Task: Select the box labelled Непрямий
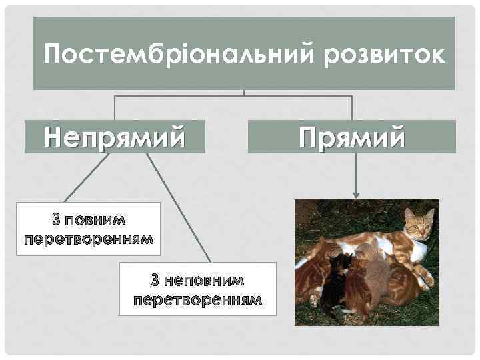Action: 115,137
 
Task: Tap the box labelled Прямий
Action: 352,137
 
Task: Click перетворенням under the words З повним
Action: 89,238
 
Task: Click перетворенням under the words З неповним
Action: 197,299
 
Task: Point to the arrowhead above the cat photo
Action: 357,195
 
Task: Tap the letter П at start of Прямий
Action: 309,137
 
